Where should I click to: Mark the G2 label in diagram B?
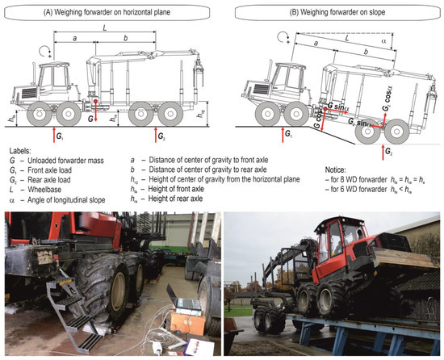(391, 149)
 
